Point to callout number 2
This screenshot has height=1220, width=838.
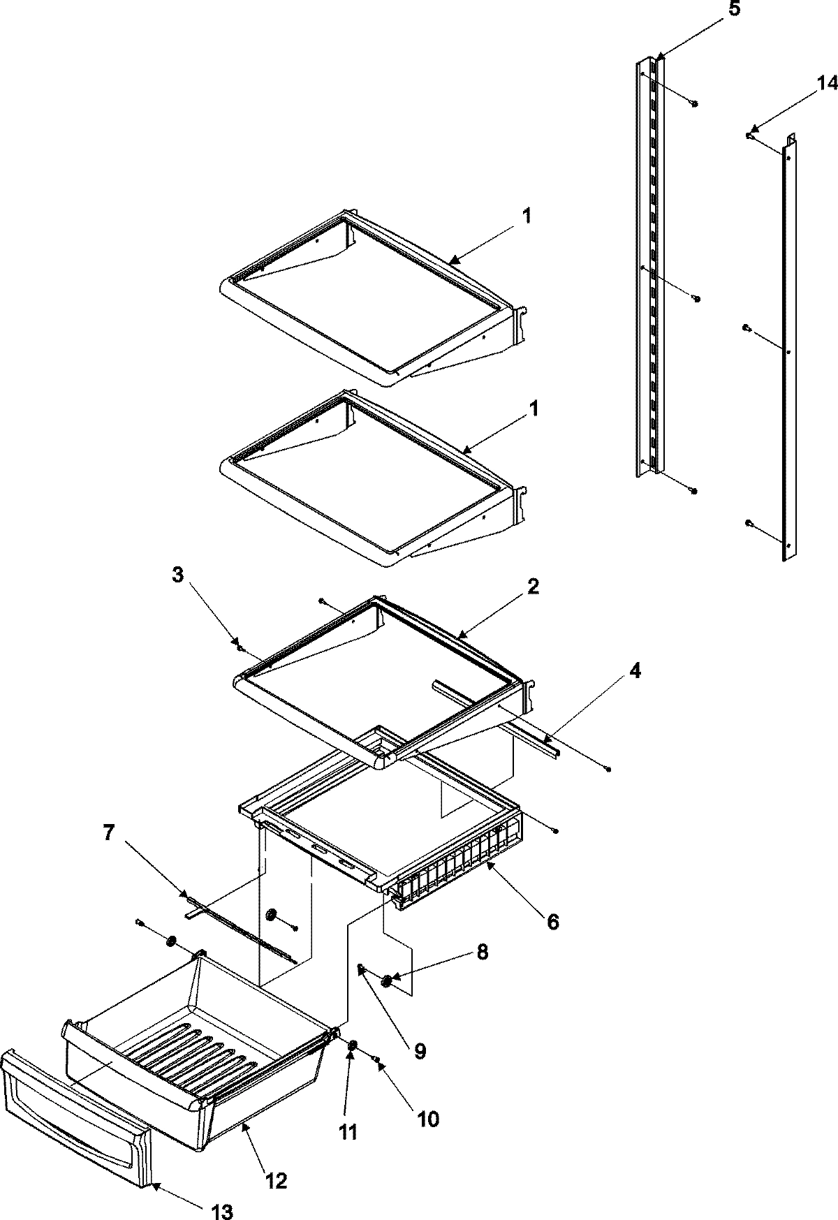coord(533,587)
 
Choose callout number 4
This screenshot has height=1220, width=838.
coord(633,671)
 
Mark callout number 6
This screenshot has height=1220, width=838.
coord(552,922)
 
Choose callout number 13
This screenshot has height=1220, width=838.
coord(223,1212)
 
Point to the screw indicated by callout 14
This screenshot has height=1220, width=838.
coord(749,135)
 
